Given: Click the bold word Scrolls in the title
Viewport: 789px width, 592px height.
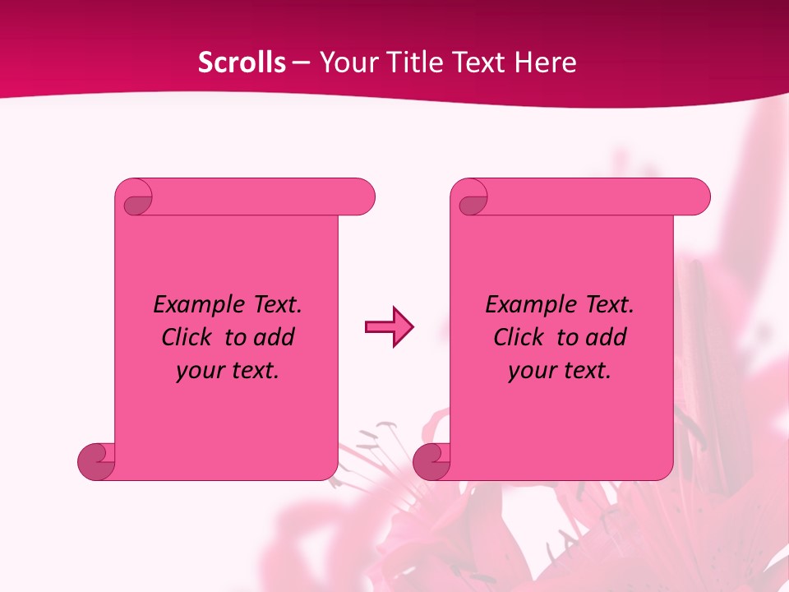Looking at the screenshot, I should pyautogui.click(x=242, y=62).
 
